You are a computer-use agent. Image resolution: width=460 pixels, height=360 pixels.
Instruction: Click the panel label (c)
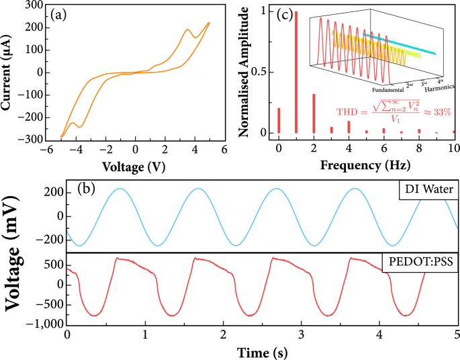click(288, 14)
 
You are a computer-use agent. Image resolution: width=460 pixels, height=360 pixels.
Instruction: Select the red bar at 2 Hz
click(314, 114)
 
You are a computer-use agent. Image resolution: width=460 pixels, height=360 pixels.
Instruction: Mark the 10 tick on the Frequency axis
click(453, 147)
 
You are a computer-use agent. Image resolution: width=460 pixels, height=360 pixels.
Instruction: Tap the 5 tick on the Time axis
click(457, 334)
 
